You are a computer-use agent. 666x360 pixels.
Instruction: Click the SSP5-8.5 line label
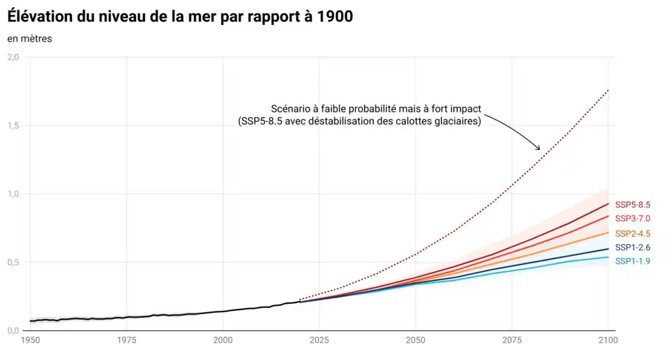tap(632, 205)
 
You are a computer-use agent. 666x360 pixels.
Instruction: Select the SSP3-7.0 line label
tap(632, 218)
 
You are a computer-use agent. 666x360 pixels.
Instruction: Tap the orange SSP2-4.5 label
tap(632, 233)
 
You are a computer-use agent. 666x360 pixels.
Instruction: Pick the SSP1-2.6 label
tap(632, 248)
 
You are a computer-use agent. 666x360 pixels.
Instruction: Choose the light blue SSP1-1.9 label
tap(632, 262)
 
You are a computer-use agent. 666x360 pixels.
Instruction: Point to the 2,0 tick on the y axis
tap(13, 58)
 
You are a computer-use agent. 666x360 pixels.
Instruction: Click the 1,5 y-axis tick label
tap(13, 126)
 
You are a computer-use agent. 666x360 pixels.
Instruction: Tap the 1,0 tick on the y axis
tap(13, 194)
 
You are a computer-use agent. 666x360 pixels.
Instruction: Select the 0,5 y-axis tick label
tap(13, 262)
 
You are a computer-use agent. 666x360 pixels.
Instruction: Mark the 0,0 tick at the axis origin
tap(13, 331)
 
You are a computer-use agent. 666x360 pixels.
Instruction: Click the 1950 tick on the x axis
tap(31, 341)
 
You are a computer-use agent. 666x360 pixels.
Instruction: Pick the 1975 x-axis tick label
tap(126, 341)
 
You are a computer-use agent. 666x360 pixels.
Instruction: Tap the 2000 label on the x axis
tap(223, 341)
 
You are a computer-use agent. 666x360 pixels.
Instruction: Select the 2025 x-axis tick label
tap(319, 341)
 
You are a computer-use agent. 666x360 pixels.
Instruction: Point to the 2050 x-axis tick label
tap(416, 341)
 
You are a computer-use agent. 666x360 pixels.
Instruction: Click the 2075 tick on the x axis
tap(512, 341)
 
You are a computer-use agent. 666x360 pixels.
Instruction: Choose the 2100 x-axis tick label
tap(608, 341)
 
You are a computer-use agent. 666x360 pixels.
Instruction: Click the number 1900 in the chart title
tap(331, 16)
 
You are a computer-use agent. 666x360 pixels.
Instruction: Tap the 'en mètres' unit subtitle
tap(30, 39)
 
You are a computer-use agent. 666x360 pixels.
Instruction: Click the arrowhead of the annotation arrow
tap(538, 148)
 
